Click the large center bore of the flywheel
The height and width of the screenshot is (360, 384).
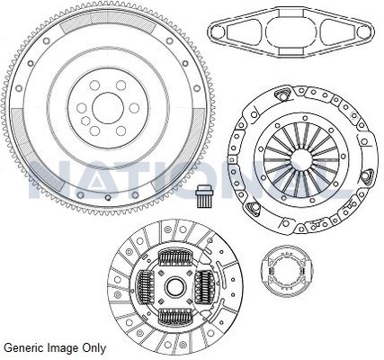(x=108, y=108)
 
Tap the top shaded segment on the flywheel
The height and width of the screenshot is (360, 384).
(x=108, y=22)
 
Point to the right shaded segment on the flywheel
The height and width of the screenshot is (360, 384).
(x=179, y=150)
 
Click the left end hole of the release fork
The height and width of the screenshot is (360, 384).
(x=218, y=31)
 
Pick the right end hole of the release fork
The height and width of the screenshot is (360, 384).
(x=363, y=31)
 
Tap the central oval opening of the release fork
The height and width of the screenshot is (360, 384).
(x=290, y=31)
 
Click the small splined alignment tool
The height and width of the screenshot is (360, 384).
(x=202, y=196)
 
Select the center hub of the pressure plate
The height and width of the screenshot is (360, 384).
(x=303, y=159)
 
